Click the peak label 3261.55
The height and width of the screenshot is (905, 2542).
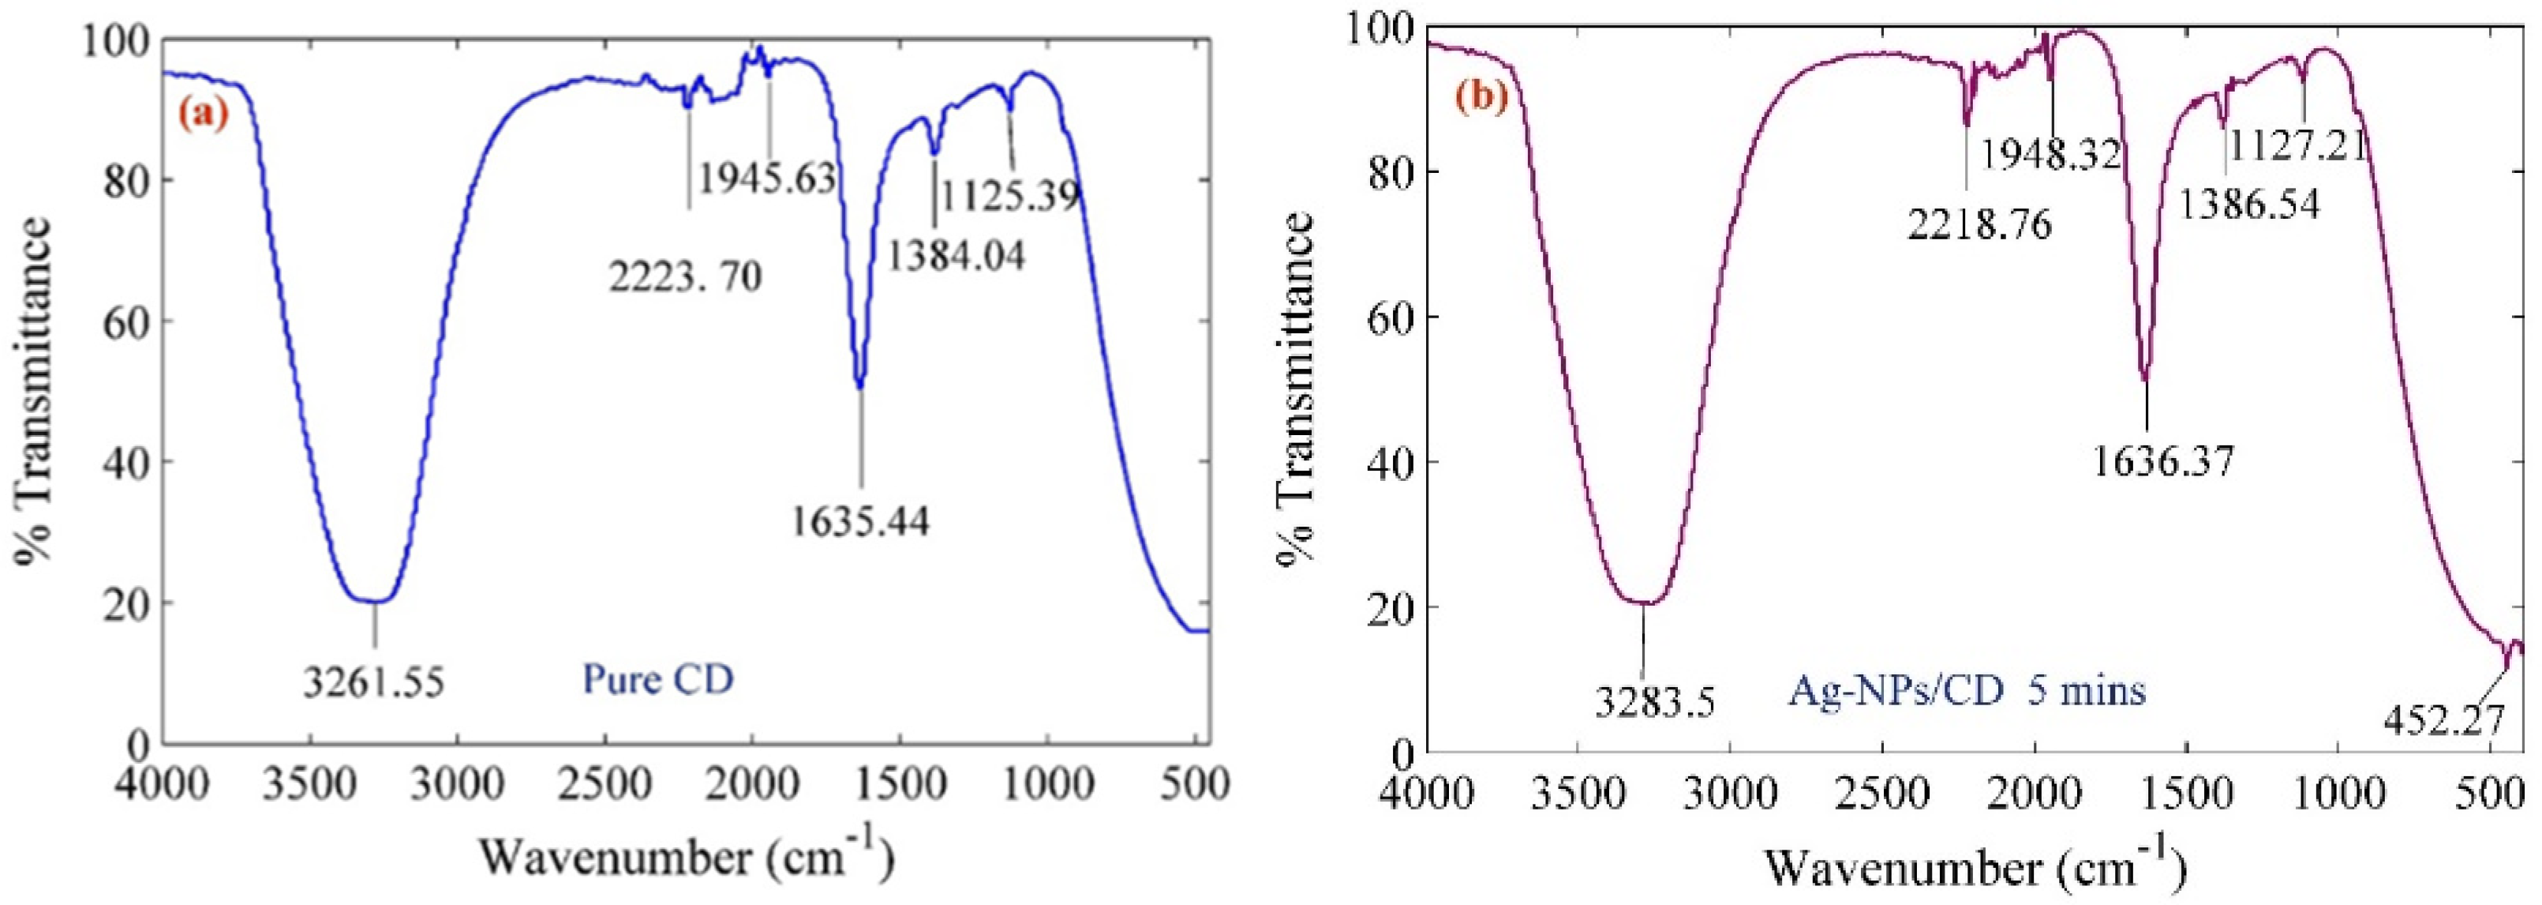click(x=374, y=681)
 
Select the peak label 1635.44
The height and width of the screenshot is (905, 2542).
click(x=860, y=520)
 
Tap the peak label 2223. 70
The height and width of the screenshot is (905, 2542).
click(x=685, y=277)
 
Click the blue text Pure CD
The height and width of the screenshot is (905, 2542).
click(x=658, y=679)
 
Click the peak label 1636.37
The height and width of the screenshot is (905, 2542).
click(x=2163, y=461)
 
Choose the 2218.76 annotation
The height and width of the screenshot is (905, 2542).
click(x=1979, y=225)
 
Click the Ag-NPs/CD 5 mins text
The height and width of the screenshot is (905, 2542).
click(x=1966, y=690)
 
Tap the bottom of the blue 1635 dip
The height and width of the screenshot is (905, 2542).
click(x=860, y=385)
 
